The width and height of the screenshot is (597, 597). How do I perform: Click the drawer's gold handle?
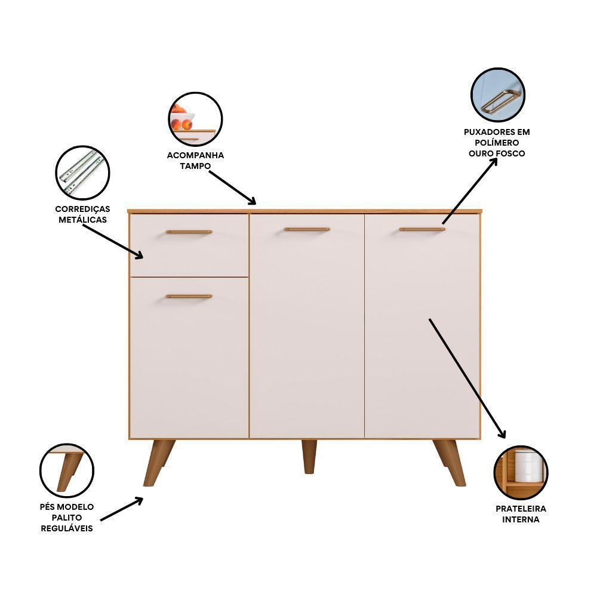pyautogui.click(x=189, y=232)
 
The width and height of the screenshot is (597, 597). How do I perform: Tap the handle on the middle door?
pyautogui.click(x=307, y=229)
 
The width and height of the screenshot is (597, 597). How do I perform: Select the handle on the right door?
pyautogui.click(x=422, y=229)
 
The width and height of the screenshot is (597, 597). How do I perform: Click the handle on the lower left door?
pyautogui.click(x=189, y=296)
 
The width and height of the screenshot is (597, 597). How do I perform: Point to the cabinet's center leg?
pyautogui.click(x=309, y=456)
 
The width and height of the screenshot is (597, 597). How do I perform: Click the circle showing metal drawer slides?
pyautogui.click(x=82, y=173)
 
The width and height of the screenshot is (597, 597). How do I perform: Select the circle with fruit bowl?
pyautogui.click(x=195, y=119)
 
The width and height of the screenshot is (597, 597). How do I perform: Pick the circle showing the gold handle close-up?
pyautogui.click(x=497, y=95)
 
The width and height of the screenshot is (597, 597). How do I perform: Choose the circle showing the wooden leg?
pyautogui.click(x=66, y=470)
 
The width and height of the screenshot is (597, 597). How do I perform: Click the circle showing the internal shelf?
pyautogui.click(x=521, y=472)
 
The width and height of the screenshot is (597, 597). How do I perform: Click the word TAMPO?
pyautogui.click(x=195, y=166)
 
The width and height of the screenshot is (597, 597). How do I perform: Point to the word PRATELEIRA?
pyautogui.click(x=521, y=509)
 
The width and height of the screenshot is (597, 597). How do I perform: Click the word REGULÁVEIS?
pyautogui.click(x=66, y=529)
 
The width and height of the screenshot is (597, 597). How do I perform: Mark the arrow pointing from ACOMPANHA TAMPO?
pyautogui.click(x=233, y=187)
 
